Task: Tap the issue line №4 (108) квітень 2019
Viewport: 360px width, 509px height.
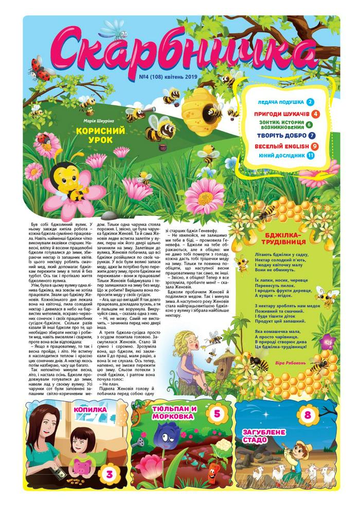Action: tap(169, 79)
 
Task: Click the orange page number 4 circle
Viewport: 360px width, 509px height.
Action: tap(315, 114)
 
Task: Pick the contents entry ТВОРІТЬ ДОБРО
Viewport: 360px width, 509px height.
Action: tap(282, 135)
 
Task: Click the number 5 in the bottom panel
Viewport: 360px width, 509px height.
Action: tap(217, 413)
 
